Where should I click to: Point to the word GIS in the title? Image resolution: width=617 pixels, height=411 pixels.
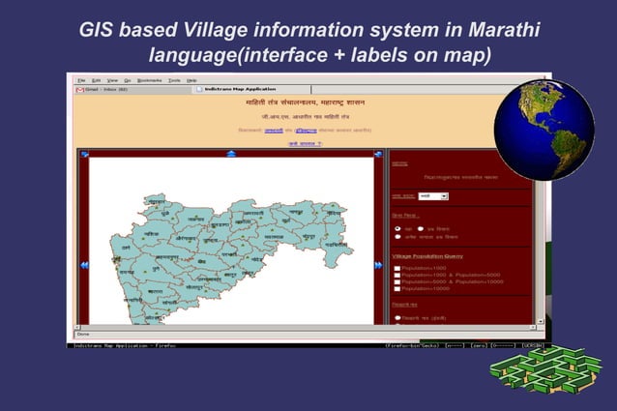click(105, 29)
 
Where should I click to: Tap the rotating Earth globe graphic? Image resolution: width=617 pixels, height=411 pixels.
click(543, 129)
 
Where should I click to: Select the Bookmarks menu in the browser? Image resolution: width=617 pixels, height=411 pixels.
click(150, 80)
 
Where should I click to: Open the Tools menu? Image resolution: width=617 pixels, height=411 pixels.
click(174, 80)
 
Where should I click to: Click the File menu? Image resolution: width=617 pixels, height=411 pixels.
click(82, 80)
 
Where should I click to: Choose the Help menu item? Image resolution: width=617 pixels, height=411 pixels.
click(191, 80)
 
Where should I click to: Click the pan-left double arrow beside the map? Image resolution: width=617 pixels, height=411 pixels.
click(84, 264)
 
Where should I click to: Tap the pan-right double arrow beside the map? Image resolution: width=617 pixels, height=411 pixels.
click(378, 264)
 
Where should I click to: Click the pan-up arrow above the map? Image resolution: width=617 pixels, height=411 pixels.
click(230, 153)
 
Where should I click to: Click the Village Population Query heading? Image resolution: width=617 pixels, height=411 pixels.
click(426, 256)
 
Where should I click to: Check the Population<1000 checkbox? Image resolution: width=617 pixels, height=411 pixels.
click(397, 268)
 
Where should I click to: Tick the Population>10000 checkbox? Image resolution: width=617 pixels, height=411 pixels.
click(397, 288)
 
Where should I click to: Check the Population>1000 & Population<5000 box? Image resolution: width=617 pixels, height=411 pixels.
click(397, 275)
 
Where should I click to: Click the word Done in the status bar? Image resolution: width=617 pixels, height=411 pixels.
click(83, 335)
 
